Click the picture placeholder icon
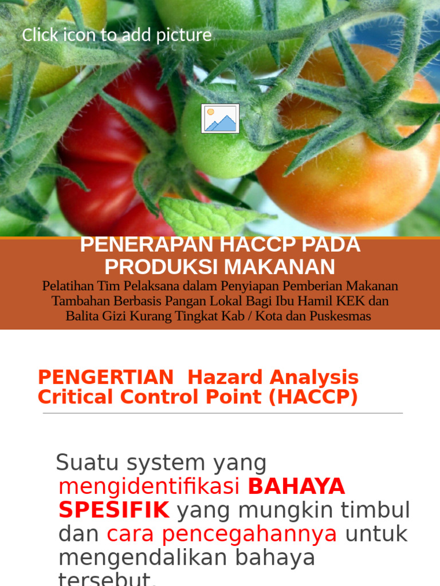click(x=220, y=118)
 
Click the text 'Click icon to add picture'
click(x=117, y=35)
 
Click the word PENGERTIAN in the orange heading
click(x=106, y=378)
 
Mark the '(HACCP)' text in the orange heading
click(x=313, y=397)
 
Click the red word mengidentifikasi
click(x=149, y=487)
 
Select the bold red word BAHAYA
click(x=296, y=487)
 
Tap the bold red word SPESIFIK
click(x=114, y=510)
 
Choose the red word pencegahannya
click(x=250, y=534)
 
